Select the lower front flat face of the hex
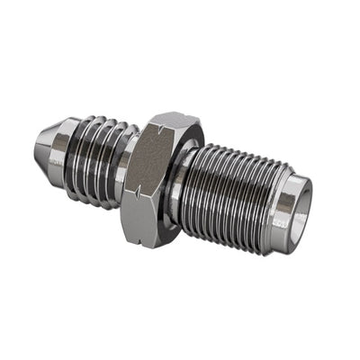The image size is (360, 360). coord(144,211)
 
